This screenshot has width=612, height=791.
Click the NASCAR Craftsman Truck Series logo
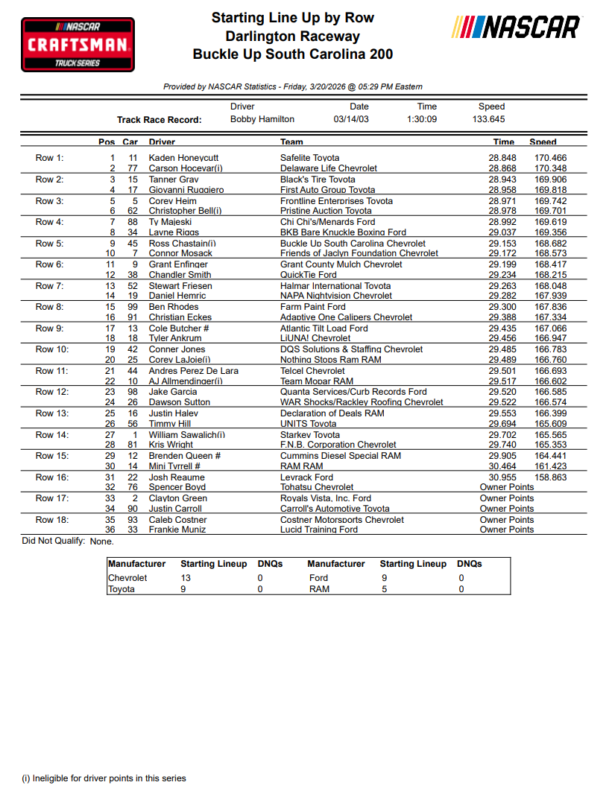click(78, 45)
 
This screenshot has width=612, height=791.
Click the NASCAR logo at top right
click(516, 28)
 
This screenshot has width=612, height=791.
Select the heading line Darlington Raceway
click(292, 36)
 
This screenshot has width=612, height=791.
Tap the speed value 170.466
click(550, 158)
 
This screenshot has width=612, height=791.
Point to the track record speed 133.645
click(488, 119)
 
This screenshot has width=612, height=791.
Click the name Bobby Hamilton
click(262, 119)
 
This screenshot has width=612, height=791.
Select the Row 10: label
click(52, 349)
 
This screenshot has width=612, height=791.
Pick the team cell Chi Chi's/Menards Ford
click(327, 222)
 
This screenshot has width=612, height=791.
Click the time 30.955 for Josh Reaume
click(502, 477)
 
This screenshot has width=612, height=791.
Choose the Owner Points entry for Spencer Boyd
click(507, 487)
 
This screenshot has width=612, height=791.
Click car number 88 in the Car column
click(133, 222)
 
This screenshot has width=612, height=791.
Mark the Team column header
click(291, 142)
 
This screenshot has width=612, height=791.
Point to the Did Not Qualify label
click(54, 541)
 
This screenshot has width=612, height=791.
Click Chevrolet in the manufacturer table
click(127, 578)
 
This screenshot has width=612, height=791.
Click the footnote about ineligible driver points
click(104, 778)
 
